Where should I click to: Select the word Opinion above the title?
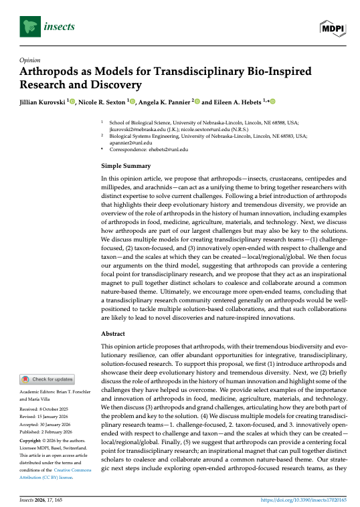point(33,60)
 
